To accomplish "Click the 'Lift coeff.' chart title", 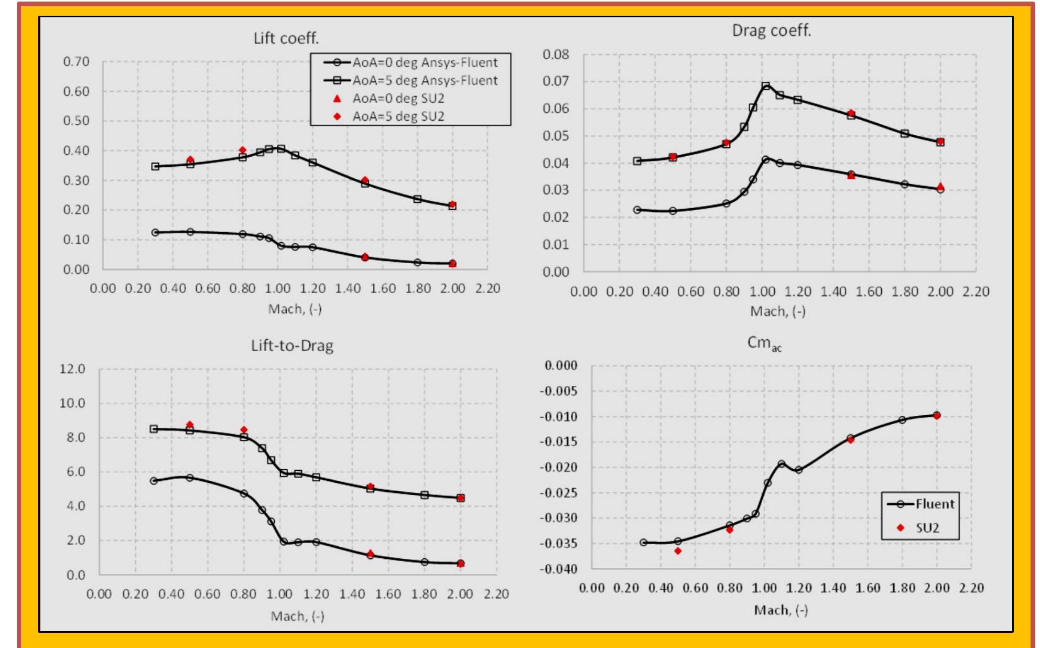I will pyautogui.click(x=286, y=38).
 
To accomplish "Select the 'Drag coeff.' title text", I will pyautogui.click(x=771, y=30).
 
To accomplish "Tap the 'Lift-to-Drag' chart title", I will pyautogui.click(x=292, y=345).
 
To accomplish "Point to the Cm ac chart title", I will pyautogui.click(x=764, y=343).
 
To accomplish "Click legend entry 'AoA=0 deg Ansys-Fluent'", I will pyautogui.click(x=424, y=62).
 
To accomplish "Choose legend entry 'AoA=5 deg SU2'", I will pyautogui.click(x=398, y=116).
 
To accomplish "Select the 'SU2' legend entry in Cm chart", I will pyautogui.click(x=927, y=528).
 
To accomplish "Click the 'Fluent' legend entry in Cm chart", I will pyautogui.click(x=934, y=504).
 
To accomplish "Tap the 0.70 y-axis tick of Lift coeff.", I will pyautogui.click(x=77, y=61).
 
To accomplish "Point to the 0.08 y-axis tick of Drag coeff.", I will pyautogui.click(x=556, y=55).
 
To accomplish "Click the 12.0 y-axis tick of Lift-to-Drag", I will pyautogui.click(x=72, y=369).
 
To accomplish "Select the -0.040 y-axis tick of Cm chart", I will pyautogui.click(x=558, y=569).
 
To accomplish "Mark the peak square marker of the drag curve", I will pyautogui.click(x=766, y=86).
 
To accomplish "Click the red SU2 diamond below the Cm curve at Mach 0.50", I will pyautogui.click(x=678, y=551).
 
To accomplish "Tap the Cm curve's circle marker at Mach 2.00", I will pyautogui.click(x=937, y=415).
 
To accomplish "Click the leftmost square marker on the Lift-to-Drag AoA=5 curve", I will pyautogui.click(x=154, y=429).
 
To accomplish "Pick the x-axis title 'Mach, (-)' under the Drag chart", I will pyautogui.click(x=777, y=311).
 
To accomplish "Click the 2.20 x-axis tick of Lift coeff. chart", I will pyautogui.click(x=487, y=288).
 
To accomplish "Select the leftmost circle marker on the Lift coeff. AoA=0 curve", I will pyautogui.click(x=155, y=232).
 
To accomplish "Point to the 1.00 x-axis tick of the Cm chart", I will pyautogui.click(x=764, y=588).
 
